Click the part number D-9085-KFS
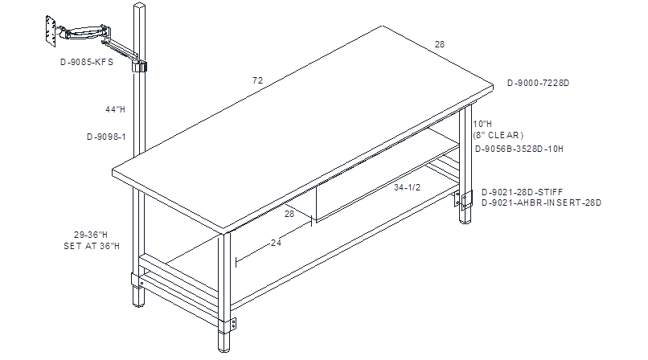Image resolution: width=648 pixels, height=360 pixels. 87,62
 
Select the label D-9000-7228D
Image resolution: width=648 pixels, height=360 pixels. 538,83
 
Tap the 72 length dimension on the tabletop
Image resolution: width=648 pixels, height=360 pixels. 257,80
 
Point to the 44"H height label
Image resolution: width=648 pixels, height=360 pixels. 115,109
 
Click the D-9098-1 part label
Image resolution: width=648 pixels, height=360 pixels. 106,137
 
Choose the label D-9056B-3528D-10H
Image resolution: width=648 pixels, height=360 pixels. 519,149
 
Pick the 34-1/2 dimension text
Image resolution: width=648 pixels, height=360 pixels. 407,187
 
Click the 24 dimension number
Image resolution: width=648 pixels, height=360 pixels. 276,243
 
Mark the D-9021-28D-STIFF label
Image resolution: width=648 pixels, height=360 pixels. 522,192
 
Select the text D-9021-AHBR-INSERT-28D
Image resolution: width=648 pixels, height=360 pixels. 541,202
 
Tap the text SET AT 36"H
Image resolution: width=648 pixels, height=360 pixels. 92,246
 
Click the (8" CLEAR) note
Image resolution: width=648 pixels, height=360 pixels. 498,135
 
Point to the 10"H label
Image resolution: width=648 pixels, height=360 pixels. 482,124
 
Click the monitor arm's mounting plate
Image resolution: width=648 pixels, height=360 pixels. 51,31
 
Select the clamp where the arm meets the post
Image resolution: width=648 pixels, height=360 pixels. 140,67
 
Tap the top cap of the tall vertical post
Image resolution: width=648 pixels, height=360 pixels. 140,6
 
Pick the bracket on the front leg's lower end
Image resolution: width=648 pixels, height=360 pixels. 233,324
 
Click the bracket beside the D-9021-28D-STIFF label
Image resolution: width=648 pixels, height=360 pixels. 466,201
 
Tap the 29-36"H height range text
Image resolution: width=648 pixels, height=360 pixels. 91,235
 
